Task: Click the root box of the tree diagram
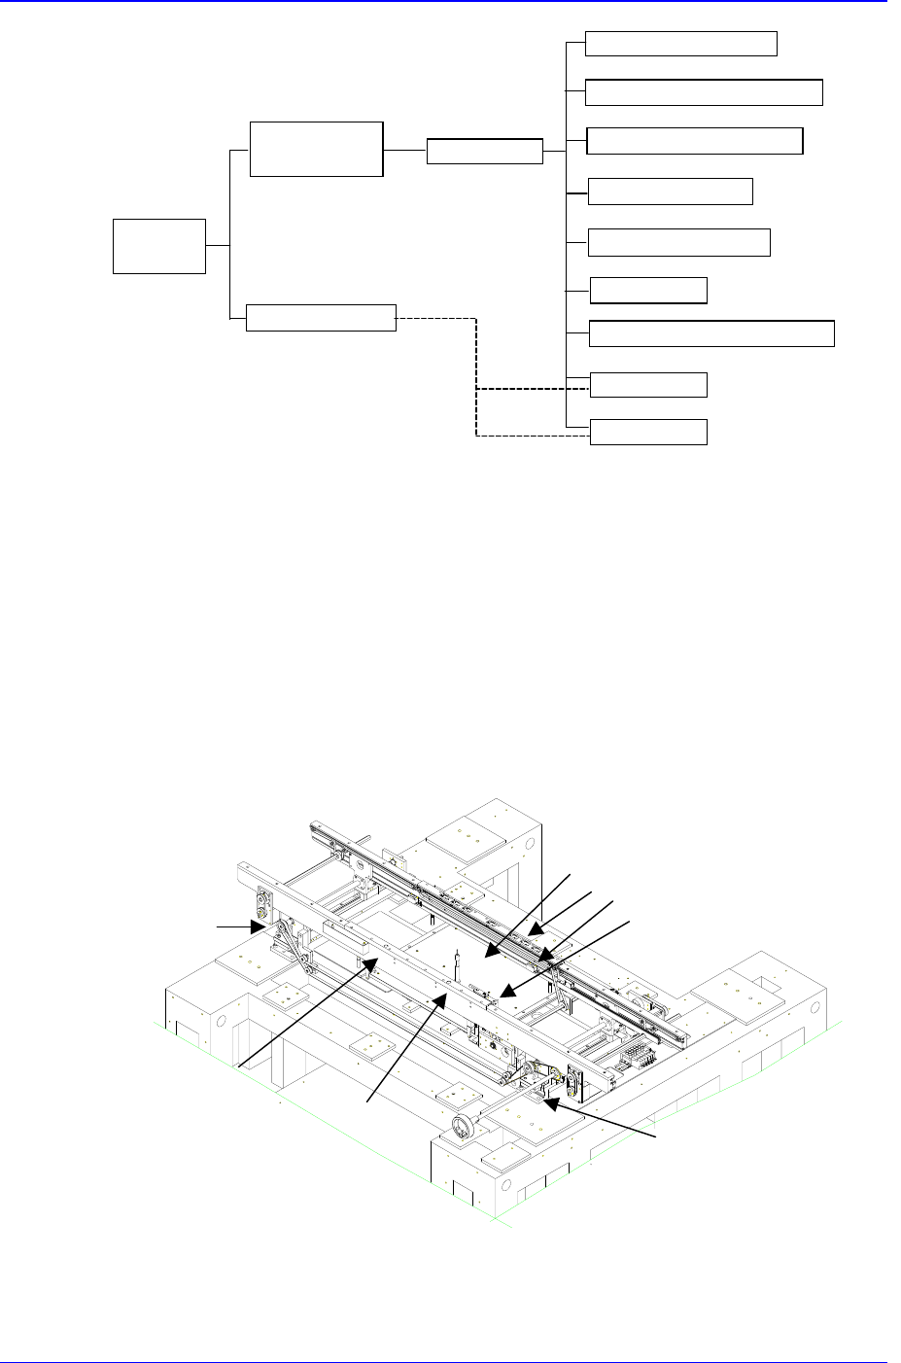[159, 246]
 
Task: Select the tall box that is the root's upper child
[316, 149]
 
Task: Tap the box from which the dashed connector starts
[321, 318]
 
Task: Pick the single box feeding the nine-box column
[484, 152]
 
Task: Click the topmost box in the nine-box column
[681, 44]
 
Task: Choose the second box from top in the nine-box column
[705, 92]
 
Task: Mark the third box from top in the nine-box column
[696, 141]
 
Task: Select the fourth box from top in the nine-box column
[671, 192]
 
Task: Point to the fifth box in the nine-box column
[679, 242]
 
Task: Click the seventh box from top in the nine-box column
[711, 333]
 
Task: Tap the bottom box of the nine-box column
[649, 433]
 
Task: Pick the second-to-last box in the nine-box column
[649, 385]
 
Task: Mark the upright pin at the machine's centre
[457, 968]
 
